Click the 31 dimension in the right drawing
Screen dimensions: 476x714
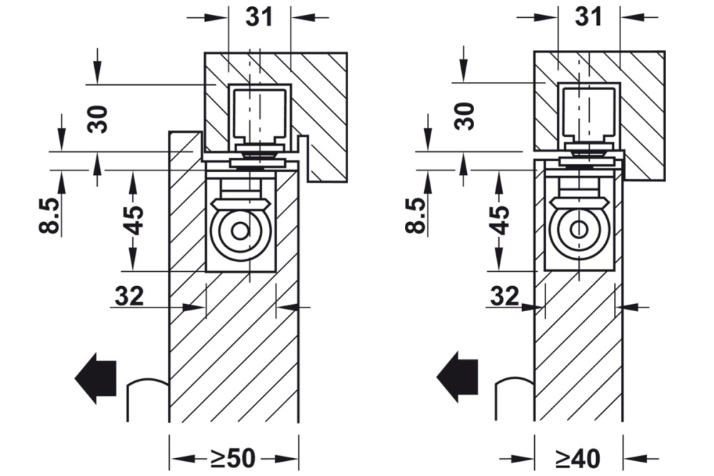coord(588,16)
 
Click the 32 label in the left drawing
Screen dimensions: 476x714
coord(129,295)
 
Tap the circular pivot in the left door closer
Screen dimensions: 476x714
coord(241,231)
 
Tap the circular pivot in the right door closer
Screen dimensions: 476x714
coord(579,230)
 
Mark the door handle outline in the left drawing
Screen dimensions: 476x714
coord(147,400)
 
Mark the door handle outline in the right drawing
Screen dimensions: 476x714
coord(513,400)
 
